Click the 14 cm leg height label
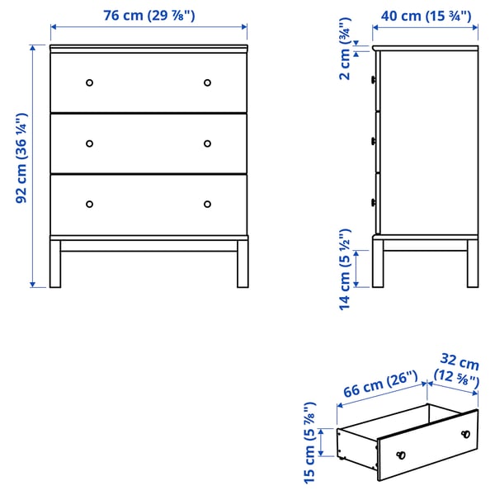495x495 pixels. (x=345, y=268)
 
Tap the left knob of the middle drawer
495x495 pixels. (x=90, y=143)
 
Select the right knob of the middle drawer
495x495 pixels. (x=207, y=143)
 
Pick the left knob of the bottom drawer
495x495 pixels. (x=90, y=204)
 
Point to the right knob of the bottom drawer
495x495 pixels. (x=207, y=204)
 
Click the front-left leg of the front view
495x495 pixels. (x=55, y=264)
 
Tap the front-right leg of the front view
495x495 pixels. (x=243, y=264)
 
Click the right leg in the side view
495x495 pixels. (x=473, y=264)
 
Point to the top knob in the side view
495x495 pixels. (x=375, y=80)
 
